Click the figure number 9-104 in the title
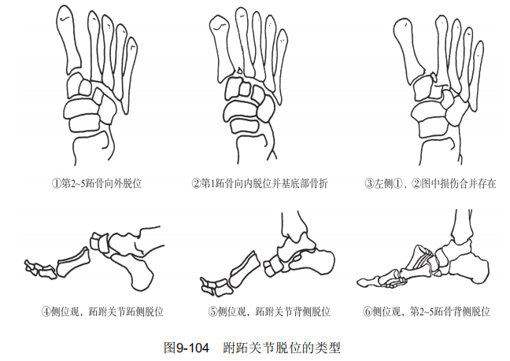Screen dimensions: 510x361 pos(193,348)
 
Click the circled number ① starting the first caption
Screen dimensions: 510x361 pos(57,184)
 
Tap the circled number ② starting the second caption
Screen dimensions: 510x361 pos(196,184)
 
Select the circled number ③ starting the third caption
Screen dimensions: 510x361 pos(369,184)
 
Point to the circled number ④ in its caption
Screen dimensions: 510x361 pos(46,312)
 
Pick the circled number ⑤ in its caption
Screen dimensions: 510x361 pos(213,312)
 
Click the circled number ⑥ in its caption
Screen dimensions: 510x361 pos(368,312)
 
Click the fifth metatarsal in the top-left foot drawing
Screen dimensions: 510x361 pos(129,75)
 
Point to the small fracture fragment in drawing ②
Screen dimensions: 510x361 pos(240,71)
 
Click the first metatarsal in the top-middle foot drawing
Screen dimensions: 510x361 pos(223,49)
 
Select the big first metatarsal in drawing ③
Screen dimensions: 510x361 pos(408,49)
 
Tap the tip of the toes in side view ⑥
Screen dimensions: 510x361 pos(360,282)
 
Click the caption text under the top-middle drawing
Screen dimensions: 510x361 pos(260,184)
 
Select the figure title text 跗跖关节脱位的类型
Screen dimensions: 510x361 pos(282,348)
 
